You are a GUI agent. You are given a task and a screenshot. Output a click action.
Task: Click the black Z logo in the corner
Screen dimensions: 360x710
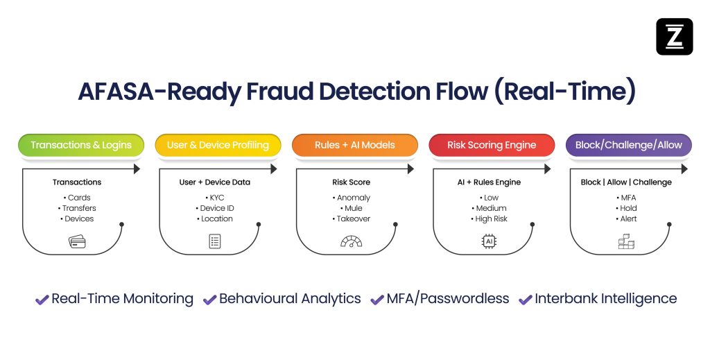674,37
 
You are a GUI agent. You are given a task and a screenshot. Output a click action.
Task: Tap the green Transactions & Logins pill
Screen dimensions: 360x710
80,145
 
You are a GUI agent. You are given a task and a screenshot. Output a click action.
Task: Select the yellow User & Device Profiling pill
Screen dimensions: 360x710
218,145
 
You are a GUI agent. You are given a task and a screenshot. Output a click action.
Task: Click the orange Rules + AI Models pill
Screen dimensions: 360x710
354,145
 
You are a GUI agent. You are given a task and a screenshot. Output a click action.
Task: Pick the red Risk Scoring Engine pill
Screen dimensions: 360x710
492,145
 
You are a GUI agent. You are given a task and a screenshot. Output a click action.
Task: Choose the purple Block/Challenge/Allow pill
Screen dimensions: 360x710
628,145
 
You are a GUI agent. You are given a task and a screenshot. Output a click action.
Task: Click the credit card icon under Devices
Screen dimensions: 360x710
76,241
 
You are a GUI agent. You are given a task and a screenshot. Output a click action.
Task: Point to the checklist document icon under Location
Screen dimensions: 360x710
214,241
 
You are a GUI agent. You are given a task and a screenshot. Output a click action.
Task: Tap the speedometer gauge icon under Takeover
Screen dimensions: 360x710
352,241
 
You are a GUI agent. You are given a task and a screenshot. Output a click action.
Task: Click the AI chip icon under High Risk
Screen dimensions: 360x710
489,241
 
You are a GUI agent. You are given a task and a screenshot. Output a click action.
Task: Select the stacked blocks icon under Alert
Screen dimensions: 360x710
626,241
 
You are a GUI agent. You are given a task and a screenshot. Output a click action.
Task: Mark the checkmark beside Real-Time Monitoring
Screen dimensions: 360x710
42,300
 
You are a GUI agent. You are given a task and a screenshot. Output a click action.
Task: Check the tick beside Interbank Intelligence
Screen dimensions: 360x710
525,300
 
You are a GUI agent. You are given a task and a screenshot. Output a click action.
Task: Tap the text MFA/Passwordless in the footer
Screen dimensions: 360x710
448,299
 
